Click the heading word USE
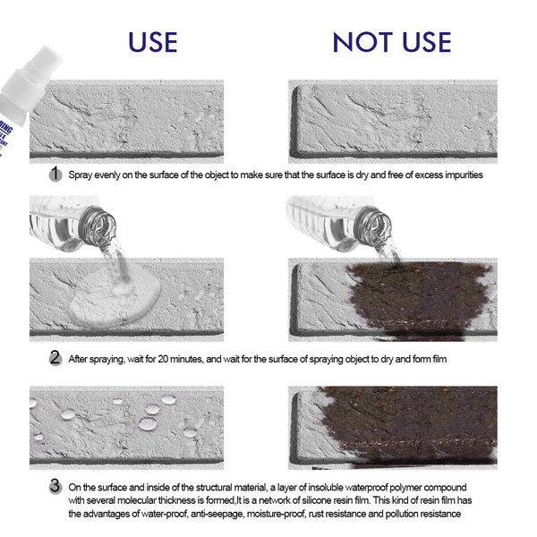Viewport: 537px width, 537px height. (151, 41)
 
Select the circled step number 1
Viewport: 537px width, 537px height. (55, 175)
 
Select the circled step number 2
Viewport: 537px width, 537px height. (55, 358)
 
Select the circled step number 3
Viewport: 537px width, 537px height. (55, 487)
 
